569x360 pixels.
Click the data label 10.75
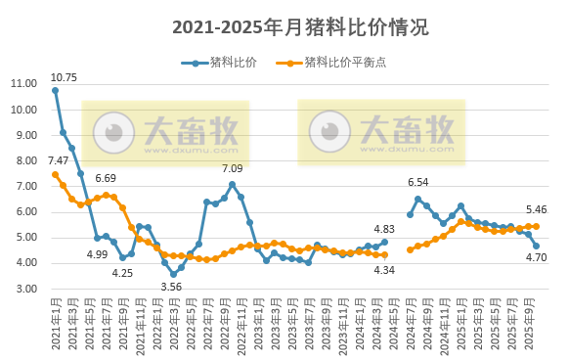[64, 77]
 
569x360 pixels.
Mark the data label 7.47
[58, 160]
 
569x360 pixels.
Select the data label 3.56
[172, 287]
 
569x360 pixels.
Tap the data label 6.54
[417, 182]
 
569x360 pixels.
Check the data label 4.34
[384, 269]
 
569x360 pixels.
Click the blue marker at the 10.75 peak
[55, 90]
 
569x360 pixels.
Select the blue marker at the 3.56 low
[173, 274]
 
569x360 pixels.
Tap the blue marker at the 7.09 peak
[232, 184]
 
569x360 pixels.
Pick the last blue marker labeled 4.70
[536, 246]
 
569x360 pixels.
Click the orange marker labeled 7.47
[55, 174]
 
